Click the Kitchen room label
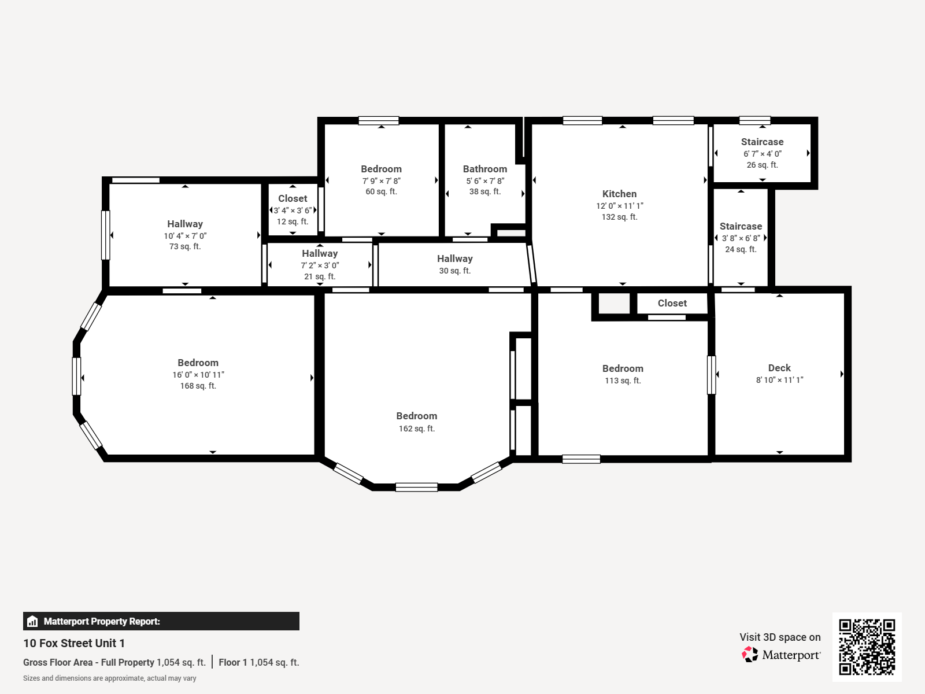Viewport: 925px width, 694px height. click(x=619, y=194)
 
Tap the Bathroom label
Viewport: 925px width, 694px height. click(x=484, y=169)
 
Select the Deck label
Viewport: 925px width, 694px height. click(x=779, y=368)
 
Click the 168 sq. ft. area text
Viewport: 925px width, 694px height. click(x=198, y=386)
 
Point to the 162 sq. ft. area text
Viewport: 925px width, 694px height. click(x=416, y=429)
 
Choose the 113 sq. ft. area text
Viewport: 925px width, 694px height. click(x=623, y=381)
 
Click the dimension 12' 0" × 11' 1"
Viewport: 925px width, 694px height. click(x=620, y=206)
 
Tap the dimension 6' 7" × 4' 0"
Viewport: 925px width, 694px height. click(x=762, y=154)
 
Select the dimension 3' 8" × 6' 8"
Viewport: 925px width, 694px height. click(x=741, y=238)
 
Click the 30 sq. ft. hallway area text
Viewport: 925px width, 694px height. click(x=455, y=271)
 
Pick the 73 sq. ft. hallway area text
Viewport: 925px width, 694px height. click(x=185, y=246)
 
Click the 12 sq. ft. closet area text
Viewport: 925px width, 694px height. click(x=293, y=222)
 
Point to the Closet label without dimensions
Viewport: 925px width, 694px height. click(x=672, y=303)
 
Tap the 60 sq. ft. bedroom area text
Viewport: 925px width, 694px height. click(x=381, y=191)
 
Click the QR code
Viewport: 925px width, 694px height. click(x=867, y=647)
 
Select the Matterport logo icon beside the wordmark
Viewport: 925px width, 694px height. click(x=750, y=655)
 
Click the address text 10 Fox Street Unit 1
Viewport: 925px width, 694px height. click(x=74, y=643)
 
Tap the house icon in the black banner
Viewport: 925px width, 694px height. click(x=32, y=621)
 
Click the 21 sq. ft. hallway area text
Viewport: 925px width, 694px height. click(x=320, y=276)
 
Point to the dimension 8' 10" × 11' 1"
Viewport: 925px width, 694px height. click(x=779, y=379)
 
